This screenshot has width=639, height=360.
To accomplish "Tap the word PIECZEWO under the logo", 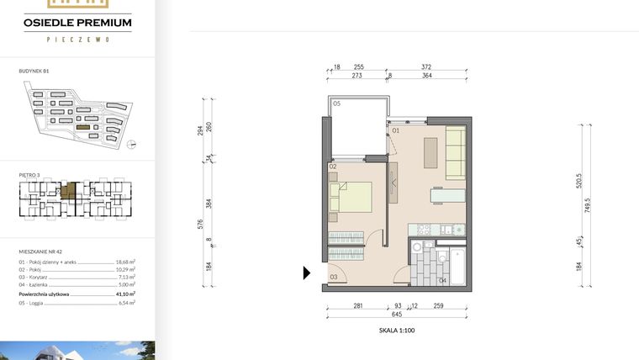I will tap(77, 39).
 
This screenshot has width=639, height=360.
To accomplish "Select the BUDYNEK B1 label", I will tap(34, 73).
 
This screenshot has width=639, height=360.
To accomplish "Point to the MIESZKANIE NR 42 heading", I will tap(40, 251).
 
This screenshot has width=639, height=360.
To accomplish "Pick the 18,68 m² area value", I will tap(126, 262).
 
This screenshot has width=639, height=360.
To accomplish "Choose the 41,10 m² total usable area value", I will tap(126, 294).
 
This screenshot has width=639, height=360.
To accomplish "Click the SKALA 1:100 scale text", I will tap(397, 331).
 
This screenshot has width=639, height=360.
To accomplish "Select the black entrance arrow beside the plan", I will tap(307, 273).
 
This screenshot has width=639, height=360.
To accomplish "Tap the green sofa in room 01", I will tap(456, 153).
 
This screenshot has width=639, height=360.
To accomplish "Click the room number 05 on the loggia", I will tap(335, 103).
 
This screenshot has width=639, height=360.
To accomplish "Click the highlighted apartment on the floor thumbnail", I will tap(72, 189).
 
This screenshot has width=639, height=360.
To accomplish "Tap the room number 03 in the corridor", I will tap(333, 276).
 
